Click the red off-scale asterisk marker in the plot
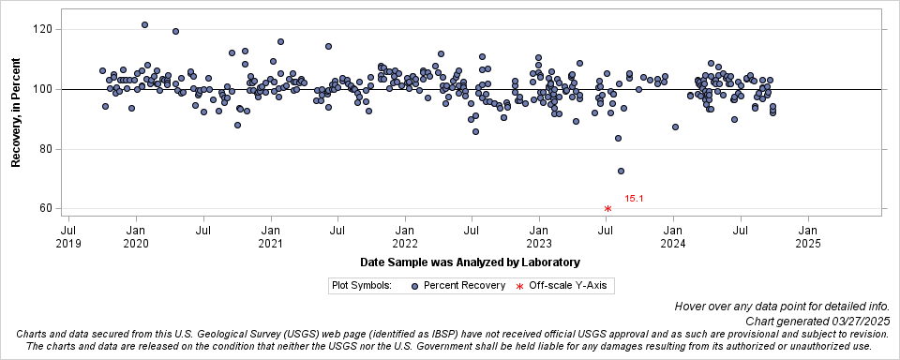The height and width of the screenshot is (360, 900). (x=607, y=209)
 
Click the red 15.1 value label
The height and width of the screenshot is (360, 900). (x=634, y=199)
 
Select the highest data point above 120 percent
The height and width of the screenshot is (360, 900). (x=144, y=25)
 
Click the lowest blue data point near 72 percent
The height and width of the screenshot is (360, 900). (x=621, y=171)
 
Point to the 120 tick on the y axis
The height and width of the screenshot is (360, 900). (x=40, y=29)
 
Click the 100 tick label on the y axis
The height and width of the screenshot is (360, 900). (x=40, y=89)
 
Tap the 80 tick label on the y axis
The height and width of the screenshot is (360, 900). (x=43, y=149)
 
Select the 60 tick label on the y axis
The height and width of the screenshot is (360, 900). (x=43, y=209)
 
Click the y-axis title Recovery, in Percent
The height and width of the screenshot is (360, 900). (x=16, y=111)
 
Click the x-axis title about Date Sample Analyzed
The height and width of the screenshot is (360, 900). (x=470, y=262)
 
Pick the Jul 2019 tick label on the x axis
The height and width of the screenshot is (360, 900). (x=68, y=235)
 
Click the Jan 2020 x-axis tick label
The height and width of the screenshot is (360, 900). (x=136, y=235)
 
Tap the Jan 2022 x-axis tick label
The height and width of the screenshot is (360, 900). (x=405, y=235)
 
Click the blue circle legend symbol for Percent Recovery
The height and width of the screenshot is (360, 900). (x=413, y=285)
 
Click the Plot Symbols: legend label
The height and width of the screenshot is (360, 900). (x=361, y=285)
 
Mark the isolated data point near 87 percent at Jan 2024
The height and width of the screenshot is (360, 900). (x=675, y=127)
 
